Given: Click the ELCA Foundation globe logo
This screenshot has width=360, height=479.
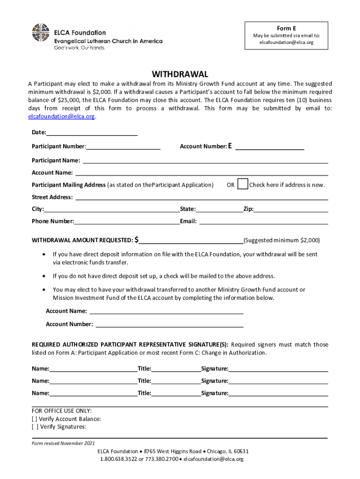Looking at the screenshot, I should coord(41,32).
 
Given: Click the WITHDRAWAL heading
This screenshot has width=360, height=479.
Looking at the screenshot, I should coord(180,74).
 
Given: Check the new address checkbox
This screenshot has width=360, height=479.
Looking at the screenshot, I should coord(243,184).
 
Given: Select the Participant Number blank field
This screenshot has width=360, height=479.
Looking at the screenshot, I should coord(123,147).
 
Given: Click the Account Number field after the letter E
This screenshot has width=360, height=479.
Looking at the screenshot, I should coord(270,147).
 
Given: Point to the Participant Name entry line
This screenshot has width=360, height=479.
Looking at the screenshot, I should coord(205,161).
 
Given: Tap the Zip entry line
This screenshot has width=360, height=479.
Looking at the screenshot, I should coord(291,210).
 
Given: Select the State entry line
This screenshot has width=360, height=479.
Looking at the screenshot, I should coord(219,210).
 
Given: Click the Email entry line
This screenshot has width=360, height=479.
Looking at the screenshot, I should coord(264,222).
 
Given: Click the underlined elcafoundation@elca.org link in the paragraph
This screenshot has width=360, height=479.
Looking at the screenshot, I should coord(62,116).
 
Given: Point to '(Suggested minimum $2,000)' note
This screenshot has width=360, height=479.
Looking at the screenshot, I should coord(282,240).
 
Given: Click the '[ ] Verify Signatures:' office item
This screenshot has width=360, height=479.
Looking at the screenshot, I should coord(59,427).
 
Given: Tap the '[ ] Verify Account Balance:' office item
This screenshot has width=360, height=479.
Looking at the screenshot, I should coord(66,419).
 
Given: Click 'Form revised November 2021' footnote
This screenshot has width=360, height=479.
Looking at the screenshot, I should coord(63,443).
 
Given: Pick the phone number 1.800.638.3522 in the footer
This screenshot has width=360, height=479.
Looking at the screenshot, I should coord(118,459).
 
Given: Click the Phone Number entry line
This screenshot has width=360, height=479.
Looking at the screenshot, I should coord(127,222).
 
